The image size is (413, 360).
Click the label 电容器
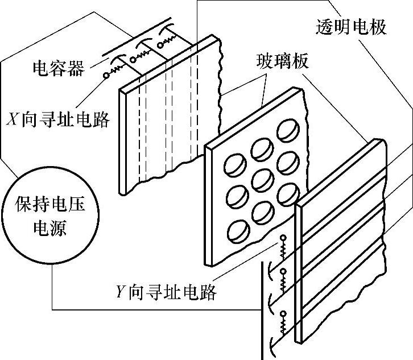(x=58, y=69)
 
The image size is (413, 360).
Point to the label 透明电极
(x=351, y=27)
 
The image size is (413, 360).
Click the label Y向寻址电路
(x=165, y=292)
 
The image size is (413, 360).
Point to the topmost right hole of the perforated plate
(x=287, y=136)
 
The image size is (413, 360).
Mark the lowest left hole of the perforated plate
(x=234, y=230)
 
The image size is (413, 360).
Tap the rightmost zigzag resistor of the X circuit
(x=171, y=40)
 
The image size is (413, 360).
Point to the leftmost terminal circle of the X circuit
(x=106, y=75)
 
